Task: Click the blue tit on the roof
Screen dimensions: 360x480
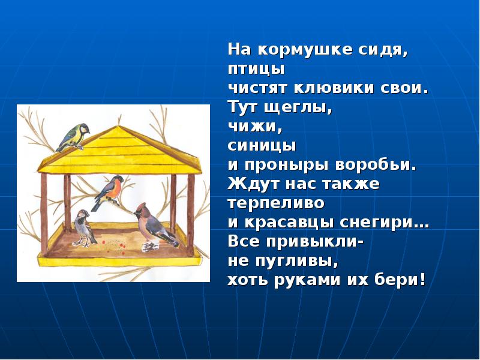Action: click(x=73, y=136)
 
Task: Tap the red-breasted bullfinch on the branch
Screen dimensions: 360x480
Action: click(x=109, y=190)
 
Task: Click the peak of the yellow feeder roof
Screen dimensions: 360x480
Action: click(x=120, y=128)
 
